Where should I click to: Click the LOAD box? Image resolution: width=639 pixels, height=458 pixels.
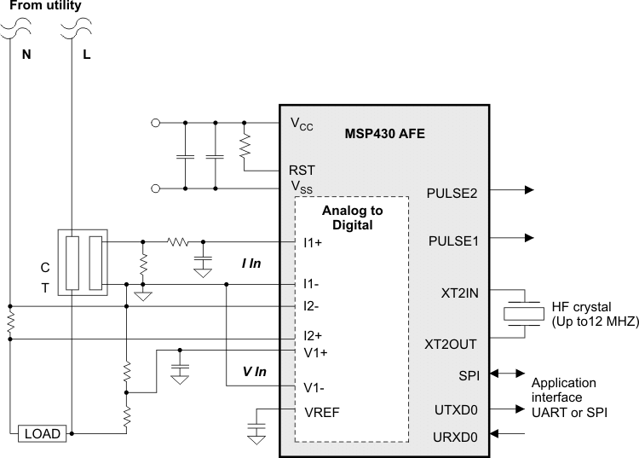coord(42,434)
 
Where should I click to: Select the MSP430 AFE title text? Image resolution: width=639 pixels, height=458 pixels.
coord(384,134)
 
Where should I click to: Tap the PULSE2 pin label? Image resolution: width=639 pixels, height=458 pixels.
coord(453,193)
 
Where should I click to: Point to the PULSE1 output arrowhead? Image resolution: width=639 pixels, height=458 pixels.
coord(530,237)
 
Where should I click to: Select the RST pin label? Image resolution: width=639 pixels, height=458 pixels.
coord(302,171)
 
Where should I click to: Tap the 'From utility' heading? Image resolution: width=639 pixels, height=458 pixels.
coord(46,6)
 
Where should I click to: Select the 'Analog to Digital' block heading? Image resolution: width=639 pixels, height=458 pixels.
coord(352,217)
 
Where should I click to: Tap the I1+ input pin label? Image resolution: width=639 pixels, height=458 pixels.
coord(313,242)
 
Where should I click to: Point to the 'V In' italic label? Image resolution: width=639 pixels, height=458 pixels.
coord(255,372)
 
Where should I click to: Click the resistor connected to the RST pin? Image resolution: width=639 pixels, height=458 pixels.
coord(245,146)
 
